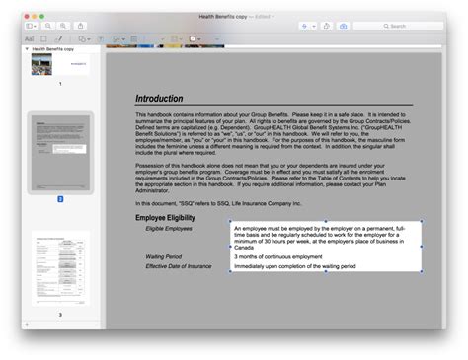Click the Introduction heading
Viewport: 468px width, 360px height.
(x=159, y=99)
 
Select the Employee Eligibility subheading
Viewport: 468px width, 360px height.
(x=167, y=216)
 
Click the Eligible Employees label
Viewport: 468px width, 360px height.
(x=169, y=228)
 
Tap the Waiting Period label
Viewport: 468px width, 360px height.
(x=163, y=256)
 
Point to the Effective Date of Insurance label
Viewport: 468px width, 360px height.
(x=179, y=266)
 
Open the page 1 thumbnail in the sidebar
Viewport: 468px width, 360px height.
(x=59, y=65)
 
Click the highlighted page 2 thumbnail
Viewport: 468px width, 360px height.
(x=59, y=151)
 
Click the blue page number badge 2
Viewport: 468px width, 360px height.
(x=59, y=198)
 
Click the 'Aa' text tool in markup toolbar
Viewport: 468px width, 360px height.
(x=29, y=39)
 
